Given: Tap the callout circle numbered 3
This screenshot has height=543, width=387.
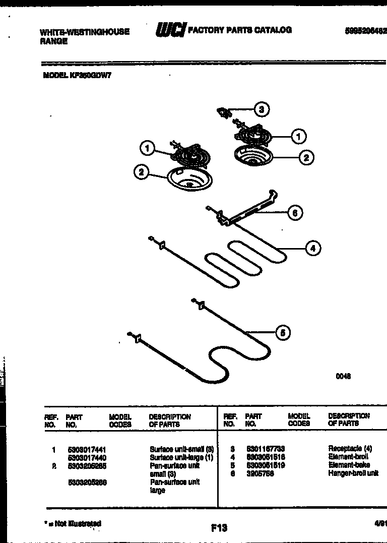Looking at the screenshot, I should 261,109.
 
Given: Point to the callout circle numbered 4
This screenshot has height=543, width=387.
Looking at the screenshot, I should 312,248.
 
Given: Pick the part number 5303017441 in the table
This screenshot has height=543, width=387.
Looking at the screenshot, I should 87,449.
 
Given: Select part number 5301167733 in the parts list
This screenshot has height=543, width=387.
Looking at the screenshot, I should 266,448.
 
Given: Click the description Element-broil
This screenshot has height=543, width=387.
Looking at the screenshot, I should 348,456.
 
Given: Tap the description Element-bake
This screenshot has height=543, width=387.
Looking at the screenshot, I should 349,465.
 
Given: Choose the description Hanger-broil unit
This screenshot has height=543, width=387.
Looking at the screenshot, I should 353,473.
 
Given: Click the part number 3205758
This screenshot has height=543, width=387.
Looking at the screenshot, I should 260,473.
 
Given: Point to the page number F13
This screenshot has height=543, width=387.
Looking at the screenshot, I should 219,528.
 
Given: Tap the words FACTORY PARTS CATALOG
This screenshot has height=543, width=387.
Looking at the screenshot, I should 239,30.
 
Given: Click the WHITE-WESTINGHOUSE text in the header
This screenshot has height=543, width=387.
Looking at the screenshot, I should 84,32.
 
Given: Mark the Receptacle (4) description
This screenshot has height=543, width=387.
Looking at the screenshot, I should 350,448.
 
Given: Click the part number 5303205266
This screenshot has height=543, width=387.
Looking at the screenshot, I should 87,482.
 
